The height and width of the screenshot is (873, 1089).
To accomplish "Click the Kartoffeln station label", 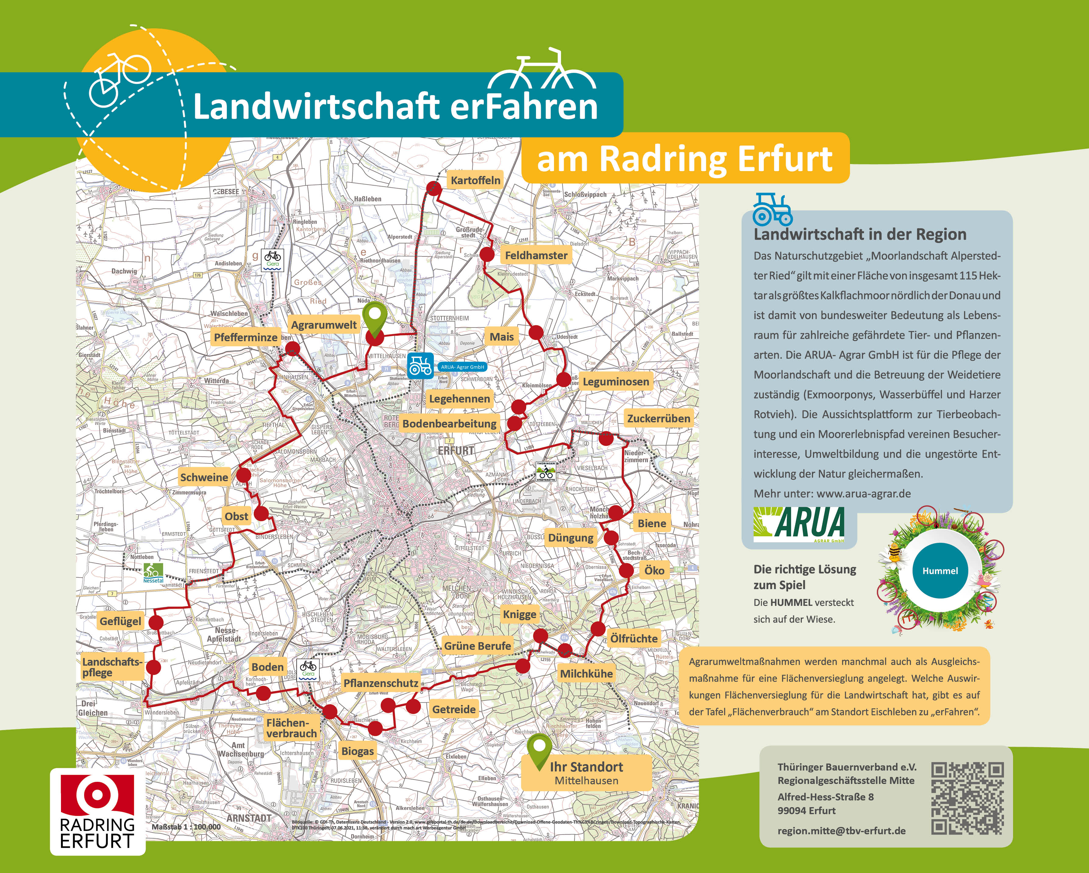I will coord(475,180).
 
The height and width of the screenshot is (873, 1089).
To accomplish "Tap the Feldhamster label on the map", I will coord(536,256).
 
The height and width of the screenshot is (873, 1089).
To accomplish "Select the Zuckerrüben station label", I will coord(658,418).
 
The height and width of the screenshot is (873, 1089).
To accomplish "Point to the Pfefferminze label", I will coord(245,338).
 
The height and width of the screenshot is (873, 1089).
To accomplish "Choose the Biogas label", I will coord(358,751).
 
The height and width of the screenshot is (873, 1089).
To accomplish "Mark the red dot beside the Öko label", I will coord(626,571).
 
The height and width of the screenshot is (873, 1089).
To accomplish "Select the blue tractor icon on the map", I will coord(420,366).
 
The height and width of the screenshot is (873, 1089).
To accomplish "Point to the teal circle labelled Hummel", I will coord(940,571).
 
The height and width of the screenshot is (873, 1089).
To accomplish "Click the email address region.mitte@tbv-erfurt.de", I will coord(841,831).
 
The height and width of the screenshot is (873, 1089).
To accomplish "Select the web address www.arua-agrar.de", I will coord(864,494).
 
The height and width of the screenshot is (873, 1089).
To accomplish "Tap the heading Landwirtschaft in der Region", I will coord(860,234).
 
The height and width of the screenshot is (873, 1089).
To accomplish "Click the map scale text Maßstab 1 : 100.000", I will coord(186,827).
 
